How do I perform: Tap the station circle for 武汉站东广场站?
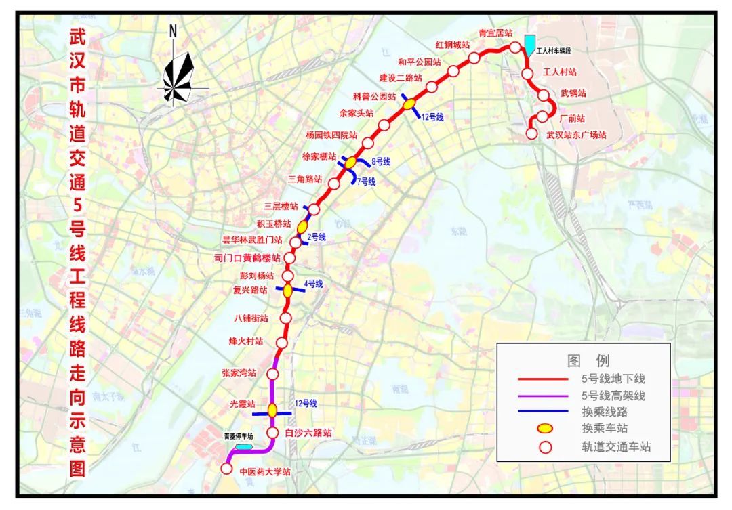[x=532, y=133]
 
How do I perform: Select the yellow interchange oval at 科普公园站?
[x=409, y=104]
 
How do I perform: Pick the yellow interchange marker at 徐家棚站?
[x=350, y=163]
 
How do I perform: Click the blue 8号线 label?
[x=381, y=161]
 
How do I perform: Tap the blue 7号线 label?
[x=366, y=182]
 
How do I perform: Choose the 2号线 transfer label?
[x=317, y=237]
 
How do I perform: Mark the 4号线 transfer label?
[x=312, y=284]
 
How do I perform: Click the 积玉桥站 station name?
[x=274, y=224]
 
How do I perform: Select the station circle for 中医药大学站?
[x=227, y=468]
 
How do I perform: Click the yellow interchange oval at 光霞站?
[x=272, y=410]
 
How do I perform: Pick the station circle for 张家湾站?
[x=273, y=374]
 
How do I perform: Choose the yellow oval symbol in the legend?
[x=545, y=428]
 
